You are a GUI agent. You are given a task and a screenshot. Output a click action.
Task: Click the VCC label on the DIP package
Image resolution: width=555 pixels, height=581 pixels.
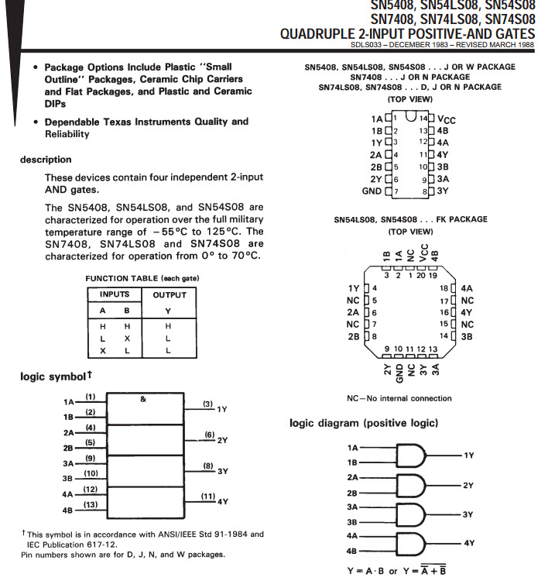click(447, 119)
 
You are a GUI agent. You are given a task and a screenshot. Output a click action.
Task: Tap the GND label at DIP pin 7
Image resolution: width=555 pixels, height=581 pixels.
click(372, 191)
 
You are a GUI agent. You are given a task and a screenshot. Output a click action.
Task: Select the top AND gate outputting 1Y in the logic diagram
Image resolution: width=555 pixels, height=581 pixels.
click(411, 456)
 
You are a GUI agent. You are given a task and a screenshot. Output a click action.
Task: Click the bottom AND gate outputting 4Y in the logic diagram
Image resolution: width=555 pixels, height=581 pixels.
click(411, 543)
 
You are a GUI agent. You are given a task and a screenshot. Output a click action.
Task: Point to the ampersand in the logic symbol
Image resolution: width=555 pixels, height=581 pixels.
click(143, 399)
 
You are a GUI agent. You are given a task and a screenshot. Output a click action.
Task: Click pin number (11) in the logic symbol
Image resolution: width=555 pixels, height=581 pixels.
click(208, 496)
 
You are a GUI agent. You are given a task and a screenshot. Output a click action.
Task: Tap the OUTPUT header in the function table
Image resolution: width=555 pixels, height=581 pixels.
click(170, 294)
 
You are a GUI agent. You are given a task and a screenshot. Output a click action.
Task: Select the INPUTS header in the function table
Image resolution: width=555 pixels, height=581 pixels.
click(115, 294)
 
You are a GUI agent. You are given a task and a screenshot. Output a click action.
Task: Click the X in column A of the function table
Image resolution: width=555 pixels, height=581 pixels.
click(103, 351)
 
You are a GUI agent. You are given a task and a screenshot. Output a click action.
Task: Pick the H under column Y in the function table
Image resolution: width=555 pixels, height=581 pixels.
click(168, 326)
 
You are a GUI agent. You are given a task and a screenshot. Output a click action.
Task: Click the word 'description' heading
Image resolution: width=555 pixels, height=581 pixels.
click(46, 160)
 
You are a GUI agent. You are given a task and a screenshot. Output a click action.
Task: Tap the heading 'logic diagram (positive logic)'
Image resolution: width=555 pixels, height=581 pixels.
click(364, 423)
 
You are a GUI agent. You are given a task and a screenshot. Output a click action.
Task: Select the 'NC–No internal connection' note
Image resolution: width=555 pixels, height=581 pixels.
click(399, 398)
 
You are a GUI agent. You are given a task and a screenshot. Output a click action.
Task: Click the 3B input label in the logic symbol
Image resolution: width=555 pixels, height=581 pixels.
click(67, 479)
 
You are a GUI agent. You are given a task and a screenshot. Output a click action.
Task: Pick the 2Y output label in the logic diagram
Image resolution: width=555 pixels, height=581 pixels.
click(468, 486)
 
